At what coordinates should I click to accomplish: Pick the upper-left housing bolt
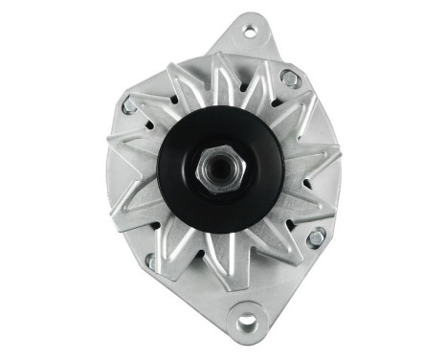point(128,106)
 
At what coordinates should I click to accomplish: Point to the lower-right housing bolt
point(315,236)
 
